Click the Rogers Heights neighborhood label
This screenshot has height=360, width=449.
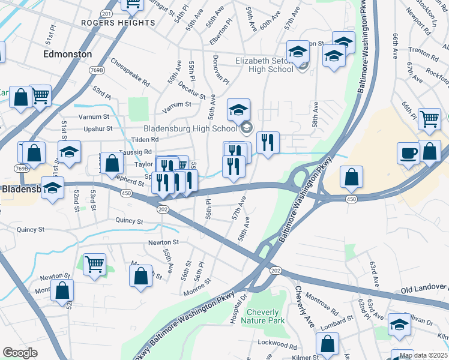point(118,23)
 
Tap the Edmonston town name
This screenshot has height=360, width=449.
point(68,54)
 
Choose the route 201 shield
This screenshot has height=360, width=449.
point(107,13)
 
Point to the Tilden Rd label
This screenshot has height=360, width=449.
point(146,139)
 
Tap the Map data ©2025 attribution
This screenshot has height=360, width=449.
point(424,355)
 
